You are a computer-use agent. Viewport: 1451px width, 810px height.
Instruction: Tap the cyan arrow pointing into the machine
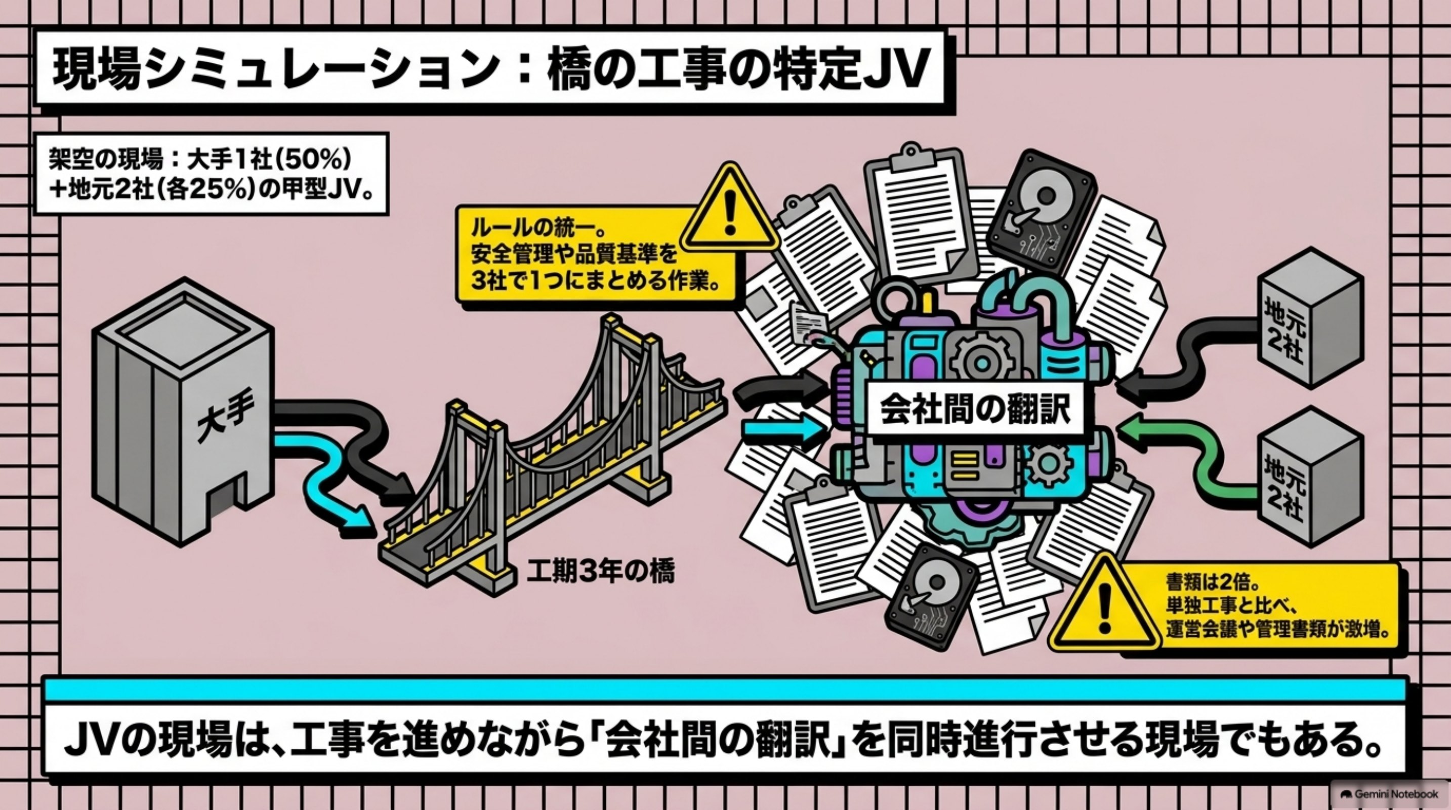click(786, 431)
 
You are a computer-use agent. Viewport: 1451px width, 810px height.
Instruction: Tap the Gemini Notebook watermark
click(1391, 794)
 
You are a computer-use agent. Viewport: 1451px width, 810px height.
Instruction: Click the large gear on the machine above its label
click(981, 360)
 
